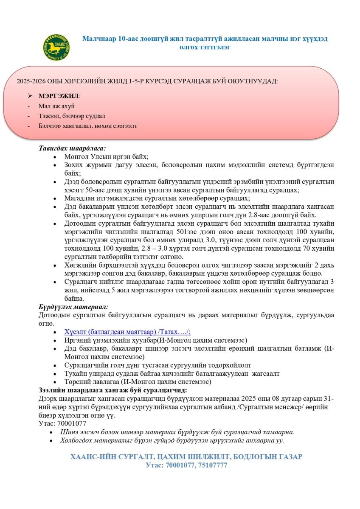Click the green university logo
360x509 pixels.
pyautogui.click(x=56, y=47)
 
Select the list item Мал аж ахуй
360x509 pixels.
pyautogui.click(x=56, y=106)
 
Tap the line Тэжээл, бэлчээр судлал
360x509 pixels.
pyautogui.click(x=72, y=116)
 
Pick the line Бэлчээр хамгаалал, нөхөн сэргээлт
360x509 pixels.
pyautogui.click(x=87, y=126)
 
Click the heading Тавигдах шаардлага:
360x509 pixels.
pyautogui.click(x=72, y=148)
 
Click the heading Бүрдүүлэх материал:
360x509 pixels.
pyautogui.click(x=73, y=306)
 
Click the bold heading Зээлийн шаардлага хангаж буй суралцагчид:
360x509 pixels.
pyautogui.click(x=113, y=390)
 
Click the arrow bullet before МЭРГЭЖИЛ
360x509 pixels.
pyautogui.click(x=30, y=96)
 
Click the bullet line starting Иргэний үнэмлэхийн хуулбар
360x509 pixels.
pyautogui.click(x=155, y=340)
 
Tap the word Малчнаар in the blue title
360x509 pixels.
pyautogui.click(x=98, y=39)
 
